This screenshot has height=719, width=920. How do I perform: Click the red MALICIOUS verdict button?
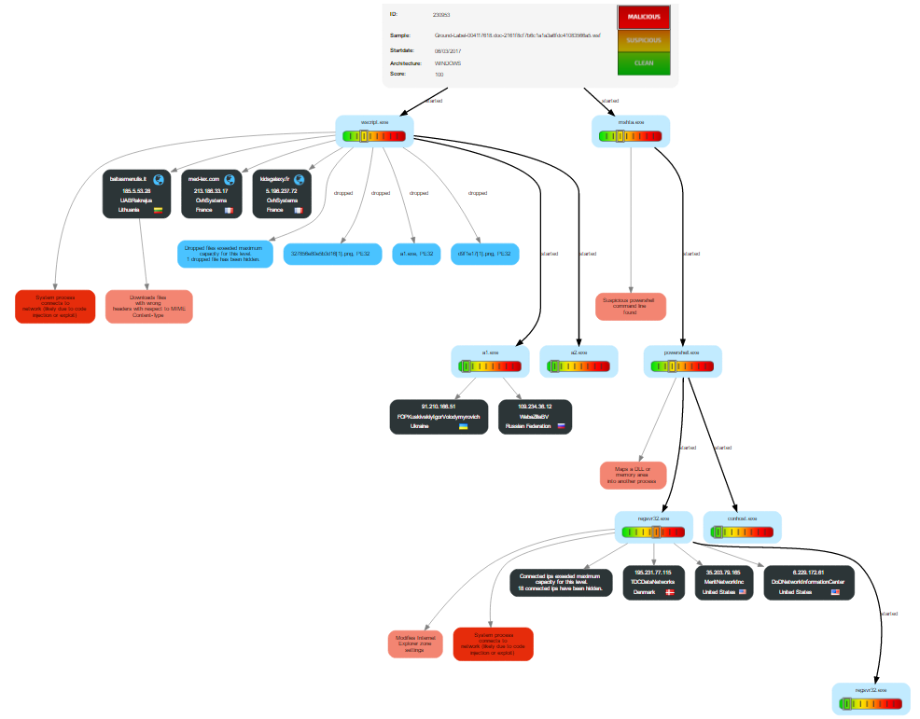(x=643, y=18)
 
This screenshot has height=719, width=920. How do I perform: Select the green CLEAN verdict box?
(x=643, y=63)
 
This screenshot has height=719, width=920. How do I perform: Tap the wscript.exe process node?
(x=373, y=131)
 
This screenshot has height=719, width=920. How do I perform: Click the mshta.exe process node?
(x=631, y=131)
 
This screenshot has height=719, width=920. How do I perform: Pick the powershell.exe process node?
(x=682, y=362)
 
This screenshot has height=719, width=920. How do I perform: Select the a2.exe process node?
(x=579, y=362)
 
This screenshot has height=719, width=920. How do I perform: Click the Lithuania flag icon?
(x=159, y=211)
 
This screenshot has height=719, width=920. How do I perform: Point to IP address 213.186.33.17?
(x=211, y=190)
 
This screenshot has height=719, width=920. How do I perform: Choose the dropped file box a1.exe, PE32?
(x=416, y=254)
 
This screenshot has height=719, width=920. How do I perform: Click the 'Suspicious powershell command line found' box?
(x=631, y=306)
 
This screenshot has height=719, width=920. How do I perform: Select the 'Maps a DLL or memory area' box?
(x=633, y=476)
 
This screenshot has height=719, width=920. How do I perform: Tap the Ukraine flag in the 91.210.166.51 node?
(x=463, y=425)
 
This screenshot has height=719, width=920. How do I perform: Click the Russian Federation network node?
(x=536, y=416)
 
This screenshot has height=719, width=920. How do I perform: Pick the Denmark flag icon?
(x=669, y=592)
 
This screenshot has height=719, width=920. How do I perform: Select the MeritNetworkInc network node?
(x=723, y=582)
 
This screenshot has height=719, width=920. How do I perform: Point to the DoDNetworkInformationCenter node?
(x=808, y=582)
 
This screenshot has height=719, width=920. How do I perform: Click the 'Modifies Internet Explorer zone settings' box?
(x=415, y=644)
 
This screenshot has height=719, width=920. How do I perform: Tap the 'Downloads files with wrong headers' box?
(x=149, y=306)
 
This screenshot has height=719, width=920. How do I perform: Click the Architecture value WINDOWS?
(x=448, y=63)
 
